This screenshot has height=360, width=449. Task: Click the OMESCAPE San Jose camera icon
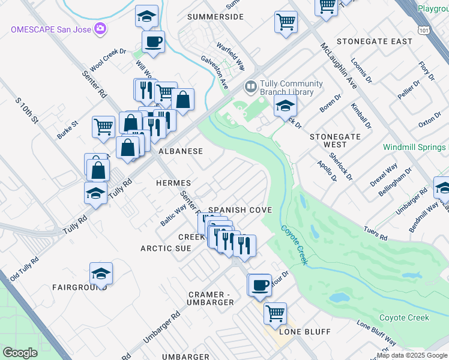100,29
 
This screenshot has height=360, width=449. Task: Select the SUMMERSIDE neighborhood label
215,17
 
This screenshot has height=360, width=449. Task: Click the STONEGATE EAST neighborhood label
375,41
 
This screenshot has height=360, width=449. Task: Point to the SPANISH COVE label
240,210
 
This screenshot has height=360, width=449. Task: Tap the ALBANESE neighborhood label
181,151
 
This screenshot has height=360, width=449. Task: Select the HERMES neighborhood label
173,182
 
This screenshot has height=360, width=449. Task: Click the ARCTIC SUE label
165,248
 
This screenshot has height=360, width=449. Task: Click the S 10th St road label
27,110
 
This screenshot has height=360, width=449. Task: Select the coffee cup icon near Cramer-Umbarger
260,286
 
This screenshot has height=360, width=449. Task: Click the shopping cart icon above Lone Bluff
275,313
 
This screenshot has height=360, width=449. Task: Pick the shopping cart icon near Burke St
103,127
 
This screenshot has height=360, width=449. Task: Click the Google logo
20,353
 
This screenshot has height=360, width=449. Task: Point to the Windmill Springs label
416,147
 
